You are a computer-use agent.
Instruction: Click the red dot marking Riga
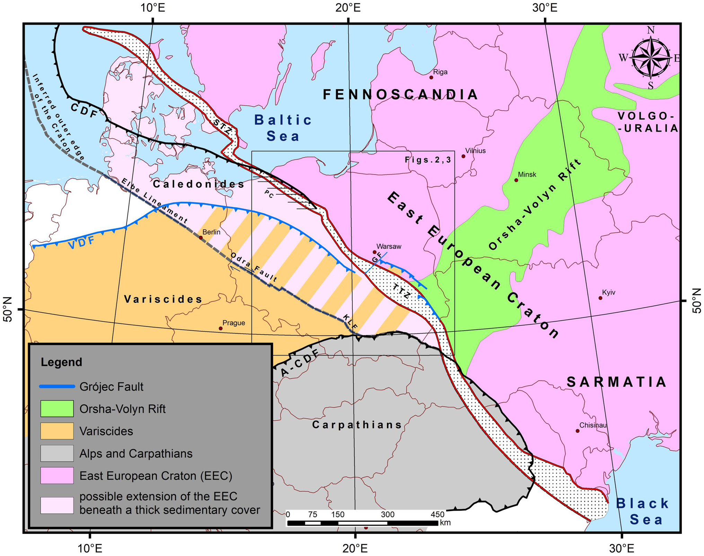coord(431,77)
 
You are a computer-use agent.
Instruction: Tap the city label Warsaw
coord(389,246)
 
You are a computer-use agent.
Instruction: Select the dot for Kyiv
coord(600,298)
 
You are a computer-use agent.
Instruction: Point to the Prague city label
coord(234,323)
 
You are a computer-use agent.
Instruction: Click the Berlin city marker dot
coord(201,238)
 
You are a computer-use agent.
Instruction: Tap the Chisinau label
coord(593,425)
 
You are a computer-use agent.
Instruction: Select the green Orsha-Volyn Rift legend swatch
coord(57,409)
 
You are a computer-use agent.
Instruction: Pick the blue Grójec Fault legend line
coord(57,386)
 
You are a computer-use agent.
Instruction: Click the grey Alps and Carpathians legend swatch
coord(57,453)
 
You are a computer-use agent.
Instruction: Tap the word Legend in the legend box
coord(61,362)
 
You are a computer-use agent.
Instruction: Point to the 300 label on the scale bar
coord(387,514)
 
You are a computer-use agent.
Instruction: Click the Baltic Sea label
coord(283,128)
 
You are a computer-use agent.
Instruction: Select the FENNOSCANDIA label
coord(400,95)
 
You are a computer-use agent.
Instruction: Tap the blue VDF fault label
coord(81,243)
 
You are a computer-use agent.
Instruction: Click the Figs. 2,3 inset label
coord(428,160)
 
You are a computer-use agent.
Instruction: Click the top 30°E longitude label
coord(545,8)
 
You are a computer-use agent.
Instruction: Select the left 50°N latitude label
coord(8,309)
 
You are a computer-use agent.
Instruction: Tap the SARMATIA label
coord(616,382)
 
